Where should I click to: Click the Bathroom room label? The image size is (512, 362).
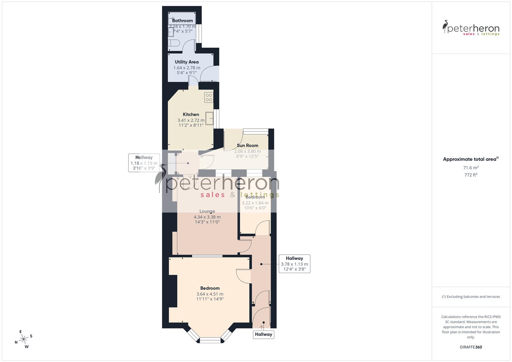182,21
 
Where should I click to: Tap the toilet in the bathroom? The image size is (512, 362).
174,43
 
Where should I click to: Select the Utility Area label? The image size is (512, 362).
187,62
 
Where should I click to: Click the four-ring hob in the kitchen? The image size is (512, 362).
209,97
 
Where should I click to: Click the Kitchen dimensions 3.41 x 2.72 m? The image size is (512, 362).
191,120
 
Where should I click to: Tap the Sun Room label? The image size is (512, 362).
247,145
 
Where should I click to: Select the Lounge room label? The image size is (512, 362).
207,211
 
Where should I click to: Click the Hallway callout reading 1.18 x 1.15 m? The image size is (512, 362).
144,163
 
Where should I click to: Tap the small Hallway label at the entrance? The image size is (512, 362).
264,334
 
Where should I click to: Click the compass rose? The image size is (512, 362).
23,339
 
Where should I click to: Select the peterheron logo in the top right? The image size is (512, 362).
471,28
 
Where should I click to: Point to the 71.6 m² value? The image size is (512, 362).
471,168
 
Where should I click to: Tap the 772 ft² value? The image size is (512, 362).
471,175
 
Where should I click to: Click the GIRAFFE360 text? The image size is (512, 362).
471,347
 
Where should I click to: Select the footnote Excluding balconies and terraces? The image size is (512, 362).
471,297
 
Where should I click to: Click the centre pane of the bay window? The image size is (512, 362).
211,340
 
